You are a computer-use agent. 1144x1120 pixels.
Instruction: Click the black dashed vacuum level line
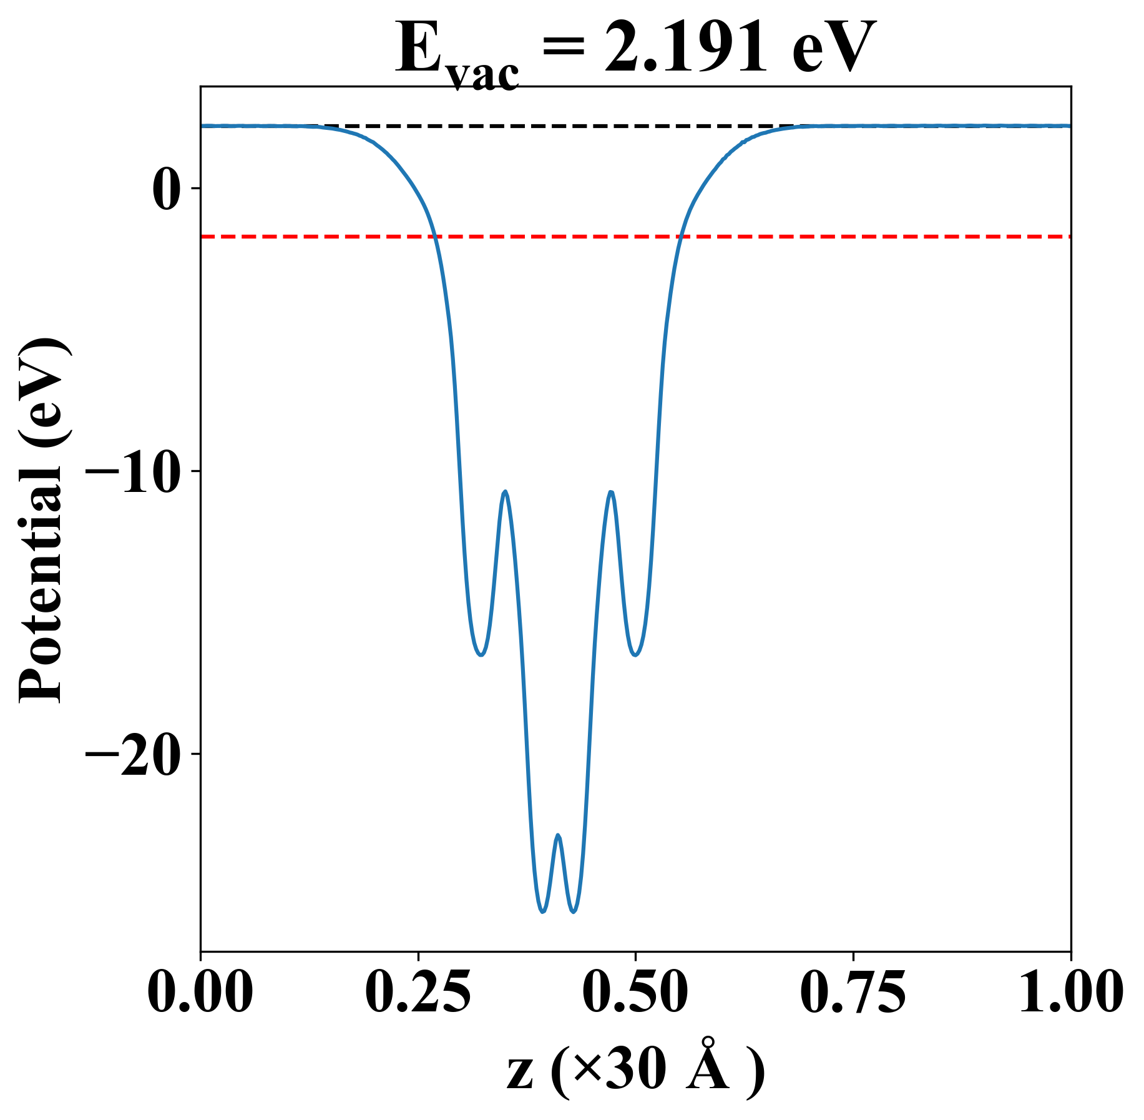coord(562,126)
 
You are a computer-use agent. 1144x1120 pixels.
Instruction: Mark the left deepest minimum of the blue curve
coord(542,911)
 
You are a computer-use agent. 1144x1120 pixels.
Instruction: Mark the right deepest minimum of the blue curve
coord(574,911)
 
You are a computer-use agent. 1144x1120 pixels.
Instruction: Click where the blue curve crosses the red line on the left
coord(434,237)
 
